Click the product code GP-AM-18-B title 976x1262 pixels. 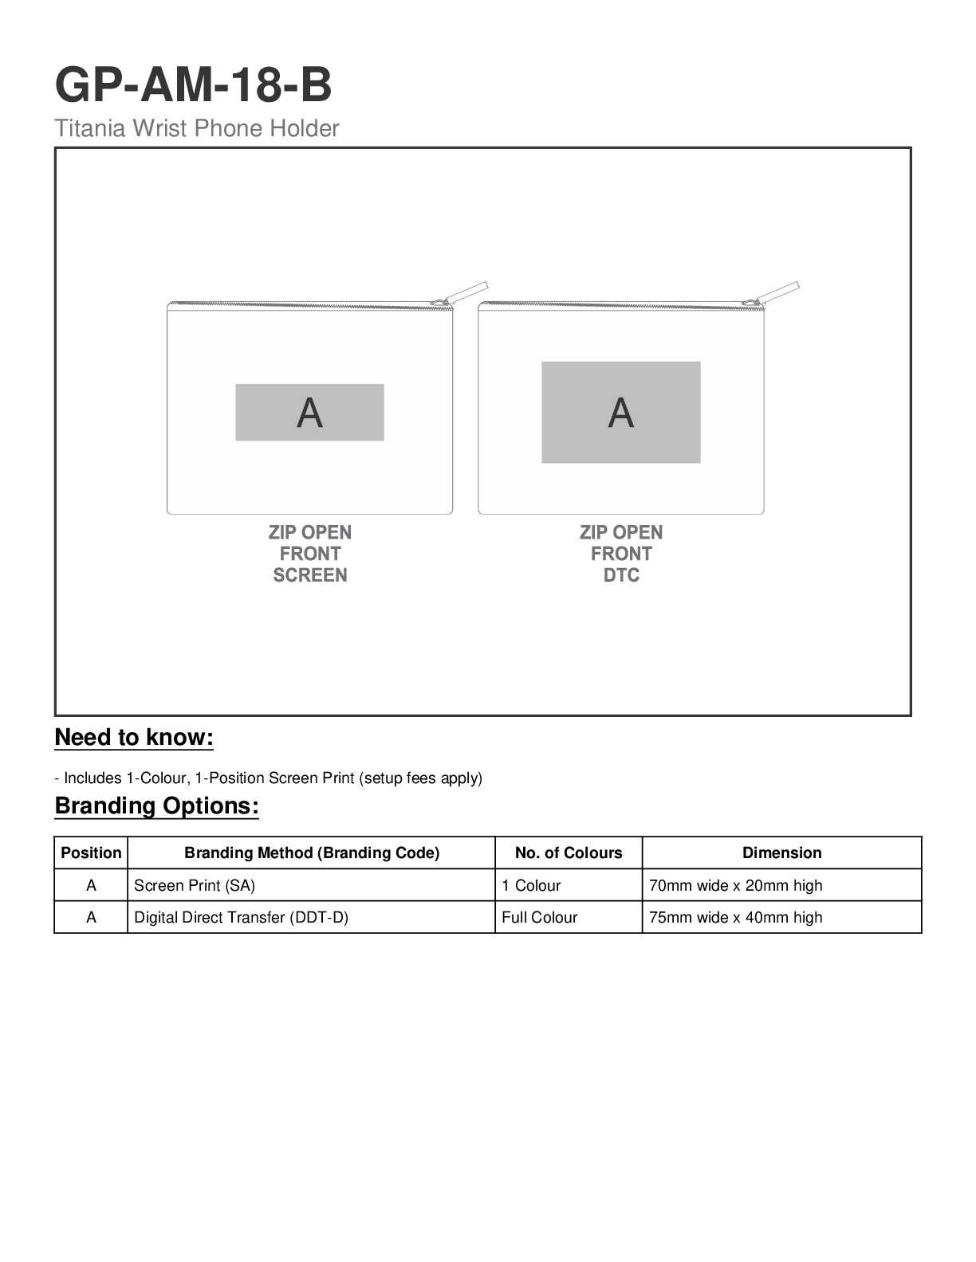[193, 84]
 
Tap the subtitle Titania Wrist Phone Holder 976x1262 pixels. [197, 128]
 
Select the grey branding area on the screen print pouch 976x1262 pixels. [309, 413]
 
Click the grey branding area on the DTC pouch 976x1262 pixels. [620, 413]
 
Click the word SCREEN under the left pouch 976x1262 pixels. [309, 575]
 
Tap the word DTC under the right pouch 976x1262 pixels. [620, 575]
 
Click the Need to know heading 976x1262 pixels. [134, 738]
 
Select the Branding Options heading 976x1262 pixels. [156, 806]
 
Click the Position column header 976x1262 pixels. [91, 853]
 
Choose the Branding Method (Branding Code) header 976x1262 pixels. [312, 853]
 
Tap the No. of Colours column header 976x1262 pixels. [569, 853]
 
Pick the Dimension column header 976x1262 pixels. [781, 853]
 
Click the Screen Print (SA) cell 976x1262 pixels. [195, 886]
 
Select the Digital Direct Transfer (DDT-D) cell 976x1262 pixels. [241, 918]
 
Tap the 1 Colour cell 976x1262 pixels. [531, 886]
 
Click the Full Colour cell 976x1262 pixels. [539, 918]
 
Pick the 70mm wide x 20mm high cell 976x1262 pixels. [735, 886]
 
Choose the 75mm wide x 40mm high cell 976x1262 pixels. [735, 918]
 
